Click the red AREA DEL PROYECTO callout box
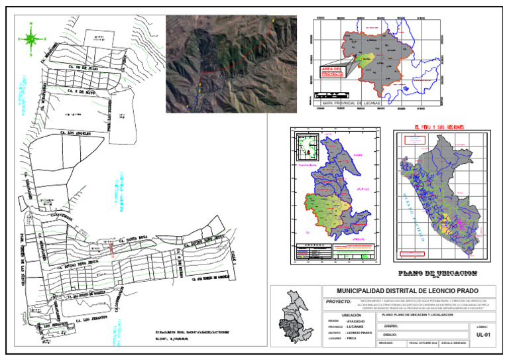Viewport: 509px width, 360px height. (332, 71)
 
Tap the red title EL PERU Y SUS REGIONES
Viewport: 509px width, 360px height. (439, 127)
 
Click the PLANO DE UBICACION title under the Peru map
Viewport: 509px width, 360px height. (437, 273)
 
